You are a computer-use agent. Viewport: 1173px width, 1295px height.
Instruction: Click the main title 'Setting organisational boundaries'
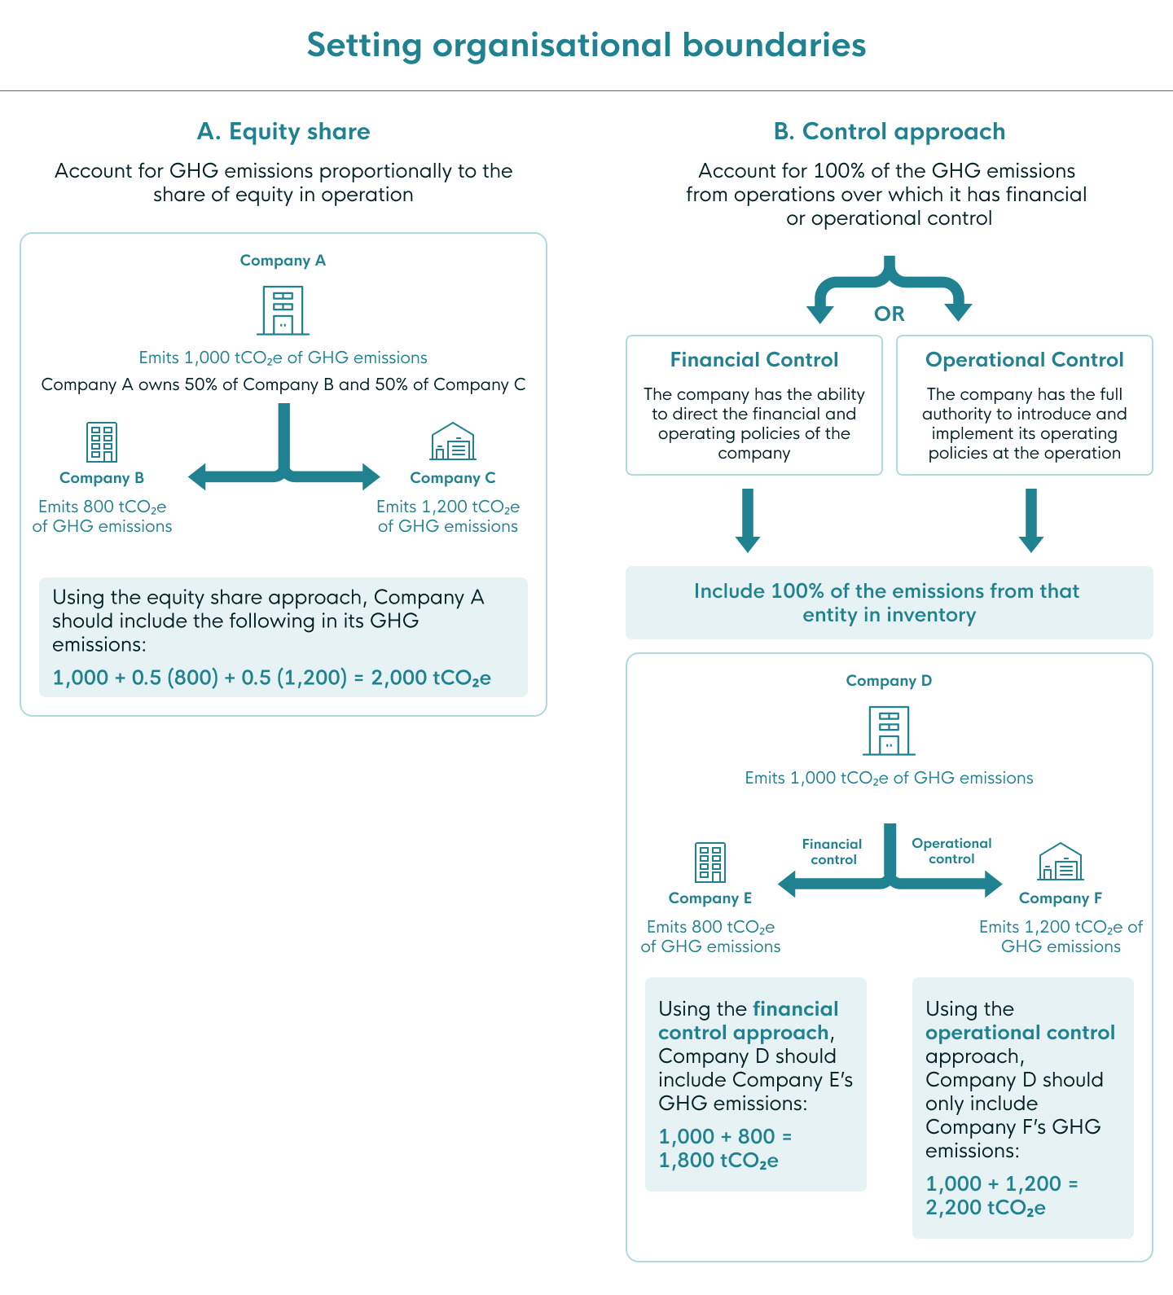coord(586,45)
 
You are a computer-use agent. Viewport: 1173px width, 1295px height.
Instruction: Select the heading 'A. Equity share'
coord(283,131)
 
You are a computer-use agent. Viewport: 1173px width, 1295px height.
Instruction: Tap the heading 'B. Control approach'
coord(889,131)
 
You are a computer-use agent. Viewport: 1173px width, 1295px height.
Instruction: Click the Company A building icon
coord(283,310)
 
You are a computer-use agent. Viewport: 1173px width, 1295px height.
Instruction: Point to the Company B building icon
coord(102,442)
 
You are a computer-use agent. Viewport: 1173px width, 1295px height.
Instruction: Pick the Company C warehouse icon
coord(453,442)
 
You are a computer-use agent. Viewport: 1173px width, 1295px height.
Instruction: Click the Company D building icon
coord(889,731)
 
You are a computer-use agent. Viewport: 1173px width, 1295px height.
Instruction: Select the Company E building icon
coord(710,863)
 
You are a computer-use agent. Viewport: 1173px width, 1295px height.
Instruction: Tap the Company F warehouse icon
coord(1061,863)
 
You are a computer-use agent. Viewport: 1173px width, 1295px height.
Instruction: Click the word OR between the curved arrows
coord(889,314)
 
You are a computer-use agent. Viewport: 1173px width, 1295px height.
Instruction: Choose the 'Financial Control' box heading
coord(754,360)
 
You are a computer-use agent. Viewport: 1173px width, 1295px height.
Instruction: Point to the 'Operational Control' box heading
coord(1024,360)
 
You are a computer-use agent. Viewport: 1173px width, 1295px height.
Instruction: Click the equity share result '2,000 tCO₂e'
coord(431,678)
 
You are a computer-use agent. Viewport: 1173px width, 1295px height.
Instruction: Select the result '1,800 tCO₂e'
coord(718,1160)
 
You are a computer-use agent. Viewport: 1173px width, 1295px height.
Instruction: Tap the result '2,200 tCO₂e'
coord(986,1207)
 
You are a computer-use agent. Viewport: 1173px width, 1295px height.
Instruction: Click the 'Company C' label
coord(453,478)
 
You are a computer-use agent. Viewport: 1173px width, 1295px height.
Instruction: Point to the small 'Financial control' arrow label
coord(833,852)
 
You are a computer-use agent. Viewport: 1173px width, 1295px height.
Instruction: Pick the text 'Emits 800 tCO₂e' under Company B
coord(103,507)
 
